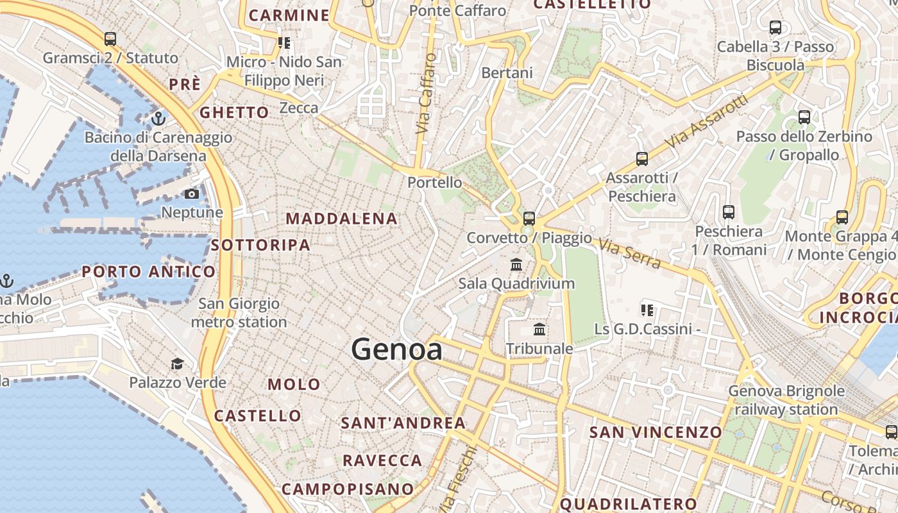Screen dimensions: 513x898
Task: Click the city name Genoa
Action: tap(396, 349)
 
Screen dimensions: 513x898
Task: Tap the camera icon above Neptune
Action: tap(192, 194)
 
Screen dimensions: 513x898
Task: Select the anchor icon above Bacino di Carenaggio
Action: tap(158, 119)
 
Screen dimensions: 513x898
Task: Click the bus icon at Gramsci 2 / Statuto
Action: tap(110, 39)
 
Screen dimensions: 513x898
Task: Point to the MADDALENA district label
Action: tap(341, 219)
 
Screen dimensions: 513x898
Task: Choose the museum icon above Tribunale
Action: tap(539, 330)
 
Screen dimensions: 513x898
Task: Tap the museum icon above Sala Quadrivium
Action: tap(516, 264)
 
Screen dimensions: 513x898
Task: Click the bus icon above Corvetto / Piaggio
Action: tap(529, 219)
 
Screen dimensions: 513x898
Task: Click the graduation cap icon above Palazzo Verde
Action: tap(177, 364)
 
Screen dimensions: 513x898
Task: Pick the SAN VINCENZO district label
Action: tap(656, 432)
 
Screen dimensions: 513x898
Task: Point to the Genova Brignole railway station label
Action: tap(786, 399)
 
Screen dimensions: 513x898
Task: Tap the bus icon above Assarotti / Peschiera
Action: tap(641, 159)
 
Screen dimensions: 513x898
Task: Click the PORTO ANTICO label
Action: tap(148, 272)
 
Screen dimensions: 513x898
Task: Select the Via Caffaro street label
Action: tap(425, 94)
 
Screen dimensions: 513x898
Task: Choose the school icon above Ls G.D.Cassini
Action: tap(647, 311)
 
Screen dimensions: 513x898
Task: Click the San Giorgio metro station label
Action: tap(239, 312)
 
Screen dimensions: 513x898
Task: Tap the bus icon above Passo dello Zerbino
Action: tap(804, 117)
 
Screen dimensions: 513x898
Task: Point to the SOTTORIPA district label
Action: tap(260, 245)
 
